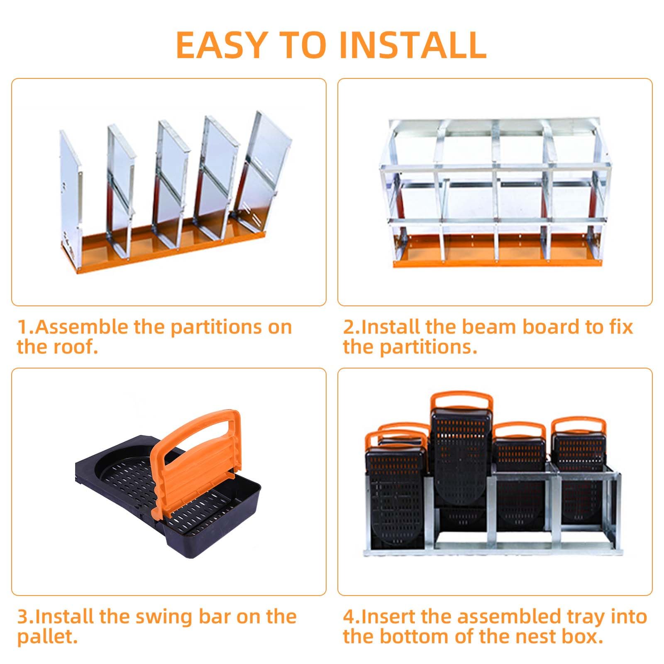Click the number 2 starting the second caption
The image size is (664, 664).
pyautogui.click(x=348, y=327)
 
